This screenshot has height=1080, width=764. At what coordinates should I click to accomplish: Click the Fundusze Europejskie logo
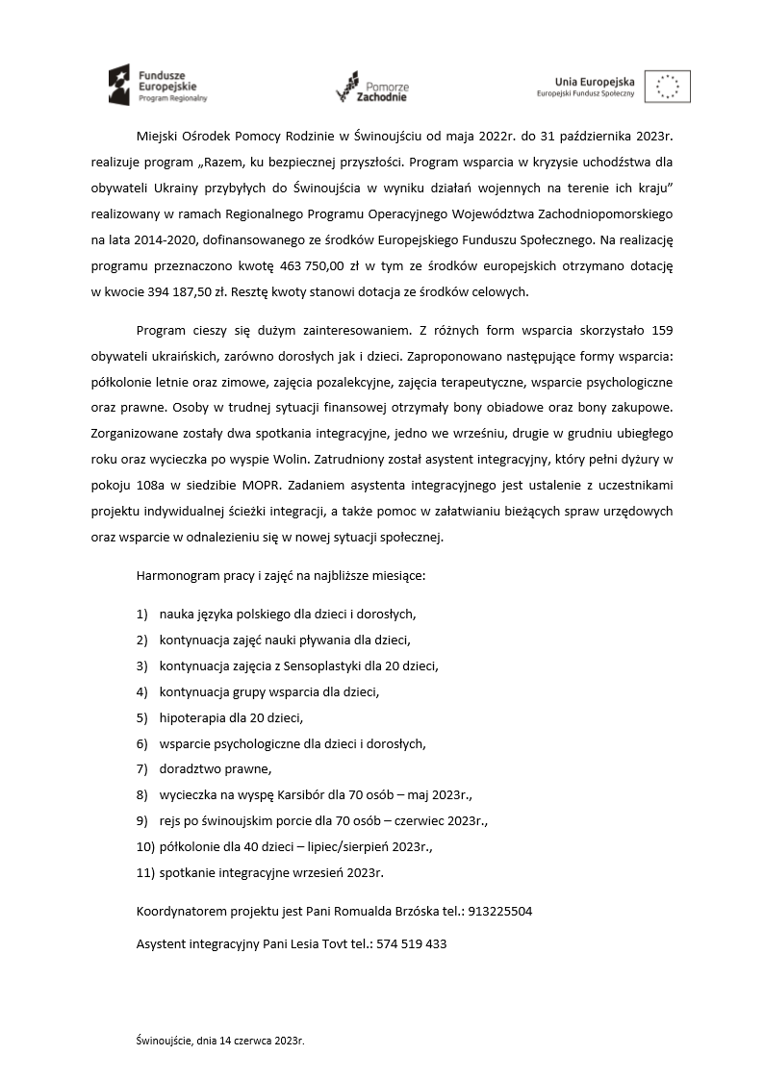158,86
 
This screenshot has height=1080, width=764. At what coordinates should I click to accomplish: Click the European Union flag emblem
667,87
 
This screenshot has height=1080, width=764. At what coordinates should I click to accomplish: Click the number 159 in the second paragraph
661,330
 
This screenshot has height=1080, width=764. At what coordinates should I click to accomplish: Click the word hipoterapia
191,717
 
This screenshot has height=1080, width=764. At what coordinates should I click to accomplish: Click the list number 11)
144,872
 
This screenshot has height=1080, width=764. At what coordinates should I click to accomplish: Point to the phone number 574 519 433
412,944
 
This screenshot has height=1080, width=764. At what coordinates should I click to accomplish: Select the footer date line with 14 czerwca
220,1041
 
